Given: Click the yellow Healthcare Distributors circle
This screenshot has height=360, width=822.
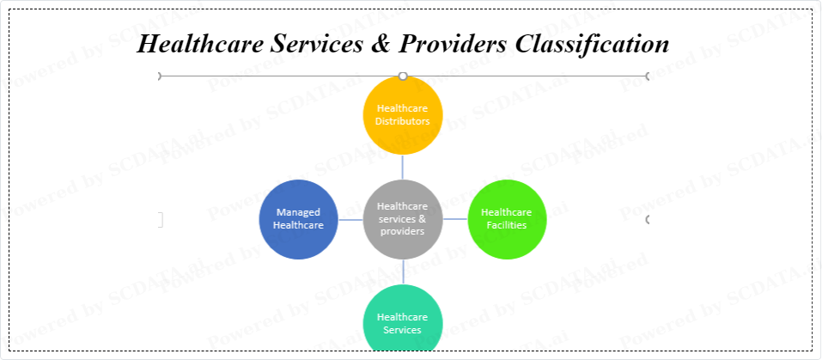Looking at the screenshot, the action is pos(403,115).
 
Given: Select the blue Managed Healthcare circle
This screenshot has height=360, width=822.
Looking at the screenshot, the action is pos(299,220).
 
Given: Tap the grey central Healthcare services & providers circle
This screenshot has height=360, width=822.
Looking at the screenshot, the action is pos(403,220).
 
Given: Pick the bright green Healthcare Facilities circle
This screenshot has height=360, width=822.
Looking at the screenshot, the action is pos(507,220).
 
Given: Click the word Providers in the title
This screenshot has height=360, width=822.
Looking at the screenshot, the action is pos(453,44).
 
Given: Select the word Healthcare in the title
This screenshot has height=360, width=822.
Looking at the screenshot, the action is pos(200,44).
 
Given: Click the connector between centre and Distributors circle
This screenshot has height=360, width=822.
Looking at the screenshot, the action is pos(403,168).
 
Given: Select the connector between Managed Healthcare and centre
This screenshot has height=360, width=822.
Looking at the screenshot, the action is pos(350,220).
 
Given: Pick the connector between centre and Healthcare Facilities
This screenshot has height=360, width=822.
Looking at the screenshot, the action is pos(455,219).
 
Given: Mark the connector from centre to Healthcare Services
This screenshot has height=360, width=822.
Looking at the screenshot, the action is pos(403,272).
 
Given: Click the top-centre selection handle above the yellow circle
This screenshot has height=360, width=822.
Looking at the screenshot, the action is pos(403,76).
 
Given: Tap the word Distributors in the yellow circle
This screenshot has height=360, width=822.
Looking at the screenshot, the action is pos(403,121).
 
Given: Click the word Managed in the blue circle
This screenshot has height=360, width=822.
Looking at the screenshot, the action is pos(298,213).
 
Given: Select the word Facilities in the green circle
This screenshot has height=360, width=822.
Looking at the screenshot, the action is pos(507,225).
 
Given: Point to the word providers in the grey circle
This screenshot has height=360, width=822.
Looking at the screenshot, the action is pos(403,231).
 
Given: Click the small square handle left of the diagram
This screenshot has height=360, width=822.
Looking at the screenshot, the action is pos(160,220).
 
